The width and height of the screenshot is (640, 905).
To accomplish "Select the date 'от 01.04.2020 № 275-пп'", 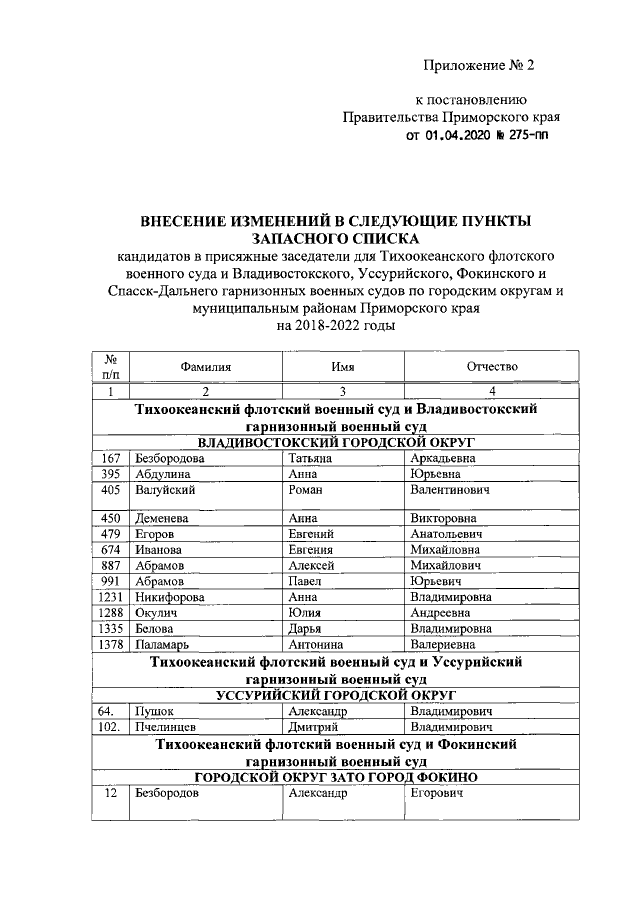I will click(x=476, y=134).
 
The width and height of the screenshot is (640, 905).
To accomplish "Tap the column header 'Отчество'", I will click(x=492, y=367).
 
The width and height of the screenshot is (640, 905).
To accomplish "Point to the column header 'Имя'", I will click(x=343, y=367).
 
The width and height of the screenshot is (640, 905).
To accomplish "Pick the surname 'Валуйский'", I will click(x=164, y=491).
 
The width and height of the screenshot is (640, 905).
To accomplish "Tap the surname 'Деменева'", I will click(x=163, y=518).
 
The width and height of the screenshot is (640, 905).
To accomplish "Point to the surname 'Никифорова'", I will click(x=169, y=596).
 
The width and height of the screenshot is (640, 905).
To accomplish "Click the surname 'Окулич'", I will click(x=157, y=612).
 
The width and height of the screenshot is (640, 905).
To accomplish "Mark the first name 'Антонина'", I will click(x=318, y=644).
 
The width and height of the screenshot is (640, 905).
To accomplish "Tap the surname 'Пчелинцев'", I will click(x=167, y=727).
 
